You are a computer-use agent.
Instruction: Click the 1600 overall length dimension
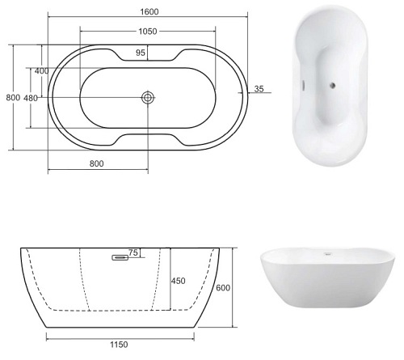click(149, 12)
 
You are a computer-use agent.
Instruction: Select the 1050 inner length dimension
click(148, 32)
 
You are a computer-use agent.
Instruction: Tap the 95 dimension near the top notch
click(141, 53)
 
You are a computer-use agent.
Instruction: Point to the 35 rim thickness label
click(259, 89)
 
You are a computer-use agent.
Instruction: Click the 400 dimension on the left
click(41, 71)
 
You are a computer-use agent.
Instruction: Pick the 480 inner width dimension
click(31, 98)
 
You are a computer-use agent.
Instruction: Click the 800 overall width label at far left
click(13, 97)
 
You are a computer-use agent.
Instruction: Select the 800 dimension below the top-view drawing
click(96, 163)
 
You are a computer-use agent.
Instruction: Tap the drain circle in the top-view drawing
click(148, 97)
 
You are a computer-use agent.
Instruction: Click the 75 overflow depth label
click(133, 252)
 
